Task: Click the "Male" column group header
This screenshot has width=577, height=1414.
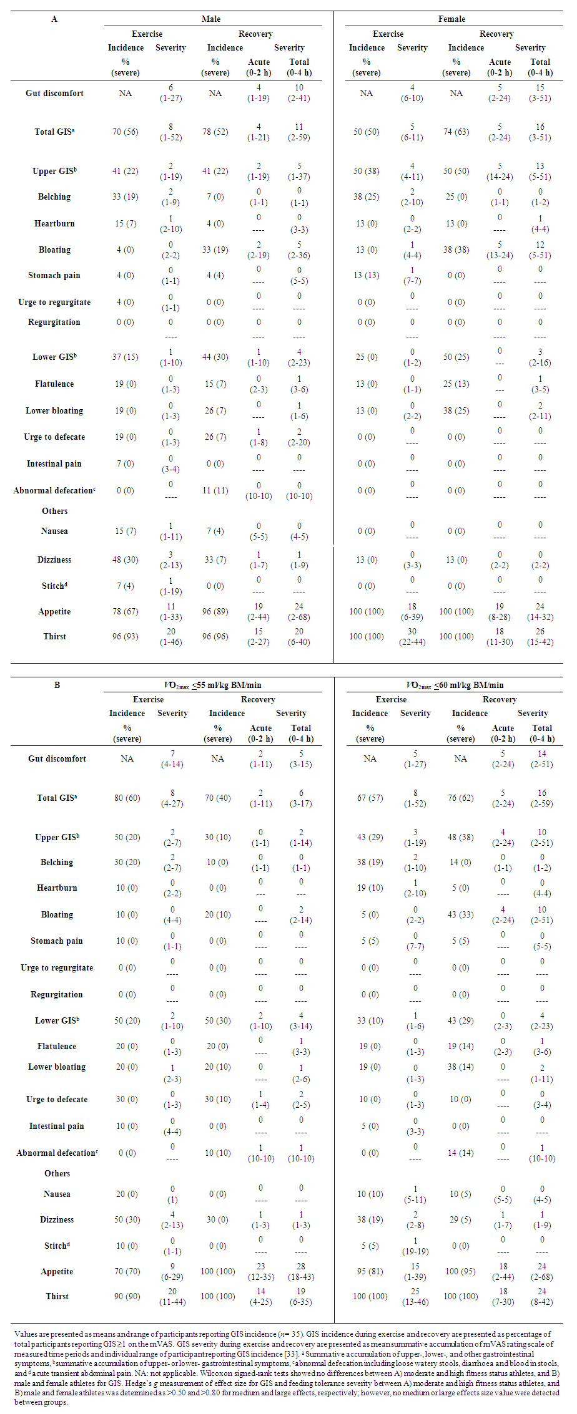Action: pyautogui.click(x=211, y=19)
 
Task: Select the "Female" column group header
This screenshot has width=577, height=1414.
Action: pyautogui.click(x=451, y=19)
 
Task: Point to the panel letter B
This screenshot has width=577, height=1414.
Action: pyautogui.click(x=57, y=685)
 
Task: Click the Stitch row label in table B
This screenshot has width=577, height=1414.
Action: pyautogui.click(x=57, y=1246)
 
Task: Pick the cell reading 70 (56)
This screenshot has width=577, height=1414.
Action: pyautogui.click(x=126, y=132)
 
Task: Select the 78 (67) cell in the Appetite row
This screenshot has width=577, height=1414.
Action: pyautogui.click(x=126, y=612)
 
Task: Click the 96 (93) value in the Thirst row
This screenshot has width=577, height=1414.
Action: pyautogui.click(x=126, y=637)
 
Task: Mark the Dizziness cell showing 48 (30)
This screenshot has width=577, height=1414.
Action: pyautogui.click(x=126, y=560)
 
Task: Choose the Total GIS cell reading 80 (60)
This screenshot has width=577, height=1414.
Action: pyautogui.click(x=127, y=798)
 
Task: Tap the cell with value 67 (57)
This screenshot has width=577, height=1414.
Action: pyautogui.click(x=370, y=798)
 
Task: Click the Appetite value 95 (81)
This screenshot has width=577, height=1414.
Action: pyautogui.click(x=370, y=1272)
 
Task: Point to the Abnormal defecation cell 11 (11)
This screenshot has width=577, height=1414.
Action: pyautogui.click(x=215, y=491)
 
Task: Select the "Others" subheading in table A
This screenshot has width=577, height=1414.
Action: pyautogui.click(x=55, y=511)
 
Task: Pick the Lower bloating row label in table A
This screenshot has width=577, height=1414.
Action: pyautogui.click(x=54, y=411)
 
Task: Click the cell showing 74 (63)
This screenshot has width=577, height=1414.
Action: pyautogui.click(x=456, y=132)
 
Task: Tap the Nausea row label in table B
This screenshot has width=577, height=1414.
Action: pyautogui.click(x=57, y=1194)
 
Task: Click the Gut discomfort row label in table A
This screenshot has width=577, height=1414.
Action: pyautogui.click(x=54, y=94)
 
